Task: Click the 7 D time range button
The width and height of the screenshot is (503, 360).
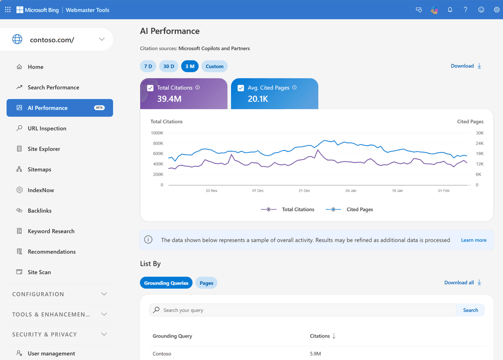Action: point(148,66)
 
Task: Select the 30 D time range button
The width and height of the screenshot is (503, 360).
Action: point(169,66)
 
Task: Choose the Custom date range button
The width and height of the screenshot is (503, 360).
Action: point(214,66)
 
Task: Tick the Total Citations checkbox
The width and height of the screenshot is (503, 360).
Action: point(150,88)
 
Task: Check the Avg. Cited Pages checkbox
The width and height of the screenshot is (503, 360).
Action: point(240,88)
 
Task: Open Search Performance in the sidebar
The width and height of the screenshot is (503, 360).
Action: point(53,87)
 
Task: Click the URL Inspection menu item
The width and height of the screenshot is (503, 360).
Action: point(47,128)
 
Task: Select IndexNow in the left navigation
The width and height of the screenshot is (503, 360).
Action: point(41,190)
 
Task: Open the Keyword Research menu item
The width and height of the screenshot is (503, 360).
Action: point(51,231)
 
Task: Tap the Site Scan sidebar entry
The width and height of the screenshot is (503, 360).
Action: point(39,272)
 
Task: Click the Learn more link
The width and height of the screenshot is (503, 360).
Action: point(473,240)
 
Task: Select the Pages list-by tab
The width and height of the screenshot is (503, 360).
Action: point(206,283)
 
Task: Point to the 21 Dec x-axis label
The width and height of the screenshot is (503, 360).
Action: point(304,191)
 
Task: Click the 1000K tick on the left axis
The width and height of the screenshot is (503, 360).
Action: point(157,133)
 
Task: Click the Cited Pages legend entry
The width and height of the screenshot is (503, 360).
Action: point(360,210)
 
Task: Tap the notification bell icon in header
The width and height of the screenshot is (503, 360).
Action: point(450,9)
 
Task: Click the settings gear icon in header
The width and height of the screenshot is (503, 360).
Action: point(496,9)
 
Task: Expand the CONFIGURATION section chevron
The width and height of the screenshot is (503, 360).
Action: point(104,294)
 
